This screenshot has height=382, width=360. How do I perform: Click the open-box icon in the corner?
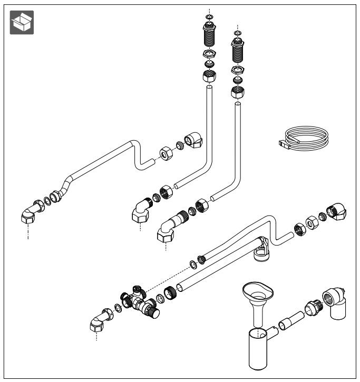22,22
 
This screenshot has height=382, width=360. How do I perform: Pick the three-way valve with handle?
140,302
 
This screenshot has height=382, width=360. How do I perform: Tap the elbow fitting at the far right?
337,211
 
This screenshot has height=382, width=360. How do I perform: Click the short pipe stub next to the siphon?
289,320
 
